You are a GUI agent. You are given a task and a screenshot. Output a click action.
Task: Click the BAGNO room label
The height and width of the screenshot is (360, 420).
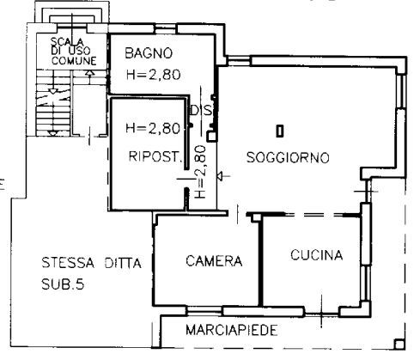(149, 53)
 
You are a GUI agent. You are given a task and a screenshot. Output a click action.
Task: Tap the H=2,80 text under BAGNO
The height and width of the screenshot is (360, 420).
(154, 75)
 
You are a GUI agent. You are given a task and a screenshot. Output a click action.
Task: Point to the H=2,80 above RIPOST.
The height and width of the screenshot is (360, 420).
(153, 128)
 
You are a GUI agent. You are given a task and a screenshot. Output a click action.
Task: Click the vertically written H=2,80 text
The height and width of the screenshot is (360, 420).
(200, 172)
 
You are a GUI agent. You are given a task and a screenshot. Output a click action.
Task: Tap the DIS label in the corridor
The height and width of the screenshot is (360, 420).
(202, 111)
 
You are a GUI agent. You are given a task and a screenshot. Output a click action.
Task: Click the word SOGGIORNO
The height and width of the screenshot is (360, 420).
(288, 157)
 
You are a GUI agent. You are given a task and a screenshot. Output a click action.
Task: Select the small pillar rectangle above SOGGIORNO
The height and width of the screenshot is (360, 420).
(280, 131)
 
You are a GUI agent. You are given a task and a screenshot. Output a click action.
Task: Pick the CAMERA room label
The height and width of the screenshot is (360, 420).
(214, 261)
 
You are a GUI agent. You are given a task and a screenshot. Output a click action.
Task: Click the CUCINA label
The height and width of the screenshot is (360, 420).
(317, 255)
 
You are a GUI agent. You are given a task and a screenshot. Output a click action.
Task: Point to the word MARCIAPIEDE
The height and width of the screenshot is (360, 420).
(232, 330)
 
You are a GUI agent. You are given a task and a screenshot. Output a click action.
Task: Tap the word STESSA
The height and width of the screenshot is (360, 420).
(68, 263)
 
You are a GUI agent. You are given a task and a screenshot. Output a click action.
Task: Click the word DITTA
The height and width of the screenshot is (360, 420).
(123, 263)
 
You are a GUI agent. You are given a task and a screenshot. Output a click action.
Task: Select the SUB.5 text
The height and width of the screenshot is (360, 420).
(63, 284)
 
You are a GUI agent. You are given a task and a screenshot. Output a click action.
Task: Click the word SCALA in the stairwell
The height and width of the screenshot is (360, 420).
(67, 42)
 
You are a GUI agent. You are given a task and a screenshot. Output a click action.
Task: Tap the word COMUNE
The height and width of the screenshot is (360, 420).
(74, 61)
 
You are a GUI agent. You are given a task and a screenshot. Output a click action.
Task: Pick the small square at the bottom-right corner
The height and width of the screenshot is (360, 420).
(399, 344)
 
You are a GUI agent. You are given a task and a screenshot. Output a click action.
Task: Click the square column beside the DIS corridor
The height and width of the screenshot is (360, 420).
(212, 137)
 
